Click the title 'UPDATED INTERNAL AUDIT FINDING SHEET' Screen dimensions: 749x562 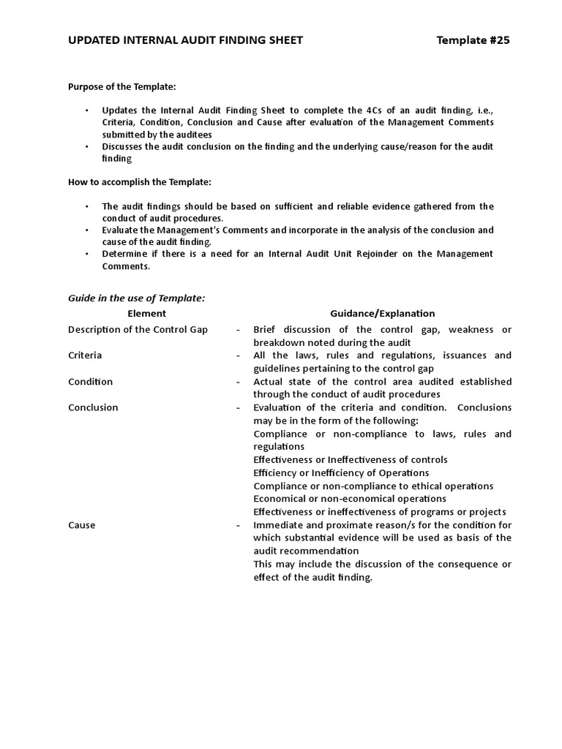[185, 40]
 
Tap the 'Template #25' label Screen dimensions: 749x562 [473, 40]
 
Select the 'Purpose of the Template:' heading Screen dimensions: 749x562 [122, 86]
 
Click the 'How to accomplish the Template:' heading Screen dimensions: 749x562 [139, 181]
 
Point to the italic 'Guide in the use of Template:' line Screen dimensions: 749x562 [137, 298]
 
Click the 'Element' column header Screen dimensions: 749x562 [147, 313]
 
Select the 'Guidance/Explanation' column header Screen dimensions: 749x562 [382, 313]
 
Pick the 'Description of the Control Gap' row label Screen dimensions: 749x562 [138, 329]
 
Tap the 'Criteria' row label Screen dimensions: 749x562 [85, 355]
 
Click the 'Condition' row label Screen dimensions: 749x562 [90, 381]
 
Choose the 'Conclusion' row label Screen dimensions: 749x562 [93, 407]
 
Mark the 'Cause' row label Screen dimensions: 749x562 [81, 525]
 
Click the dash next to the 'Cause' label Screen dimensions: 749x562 [239, 525]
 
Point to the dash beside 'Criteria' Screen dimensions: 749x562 [239, 355]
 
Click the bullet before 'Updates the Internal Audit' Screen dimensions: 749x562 [86, 110]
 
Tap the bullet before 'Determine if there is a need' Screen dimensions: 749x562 [86, 254]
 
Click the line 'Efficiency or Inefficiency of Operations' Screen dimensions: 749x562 [341, 473]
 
